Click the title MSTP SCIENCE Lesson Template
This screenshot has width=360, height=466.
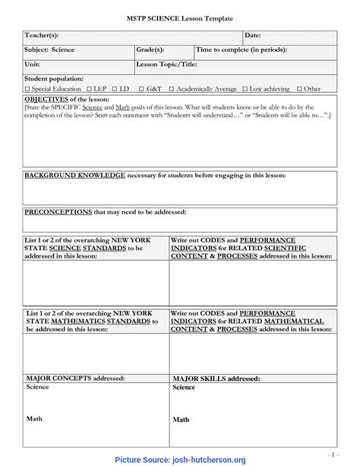point(179,17)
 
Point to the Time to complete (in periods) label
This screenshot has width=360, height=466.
point(242,49)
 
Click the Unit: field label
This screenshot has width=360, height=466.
point(33,64)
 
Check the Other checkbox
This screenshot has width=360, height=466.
point(299,89)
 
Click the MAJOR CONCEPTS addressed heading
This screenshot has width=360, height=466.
point(71,378)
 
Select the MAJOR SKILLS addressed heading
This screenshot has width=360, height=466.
point(216,378)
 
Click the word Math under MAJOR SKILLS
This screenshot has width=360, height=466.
point(181,420)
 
